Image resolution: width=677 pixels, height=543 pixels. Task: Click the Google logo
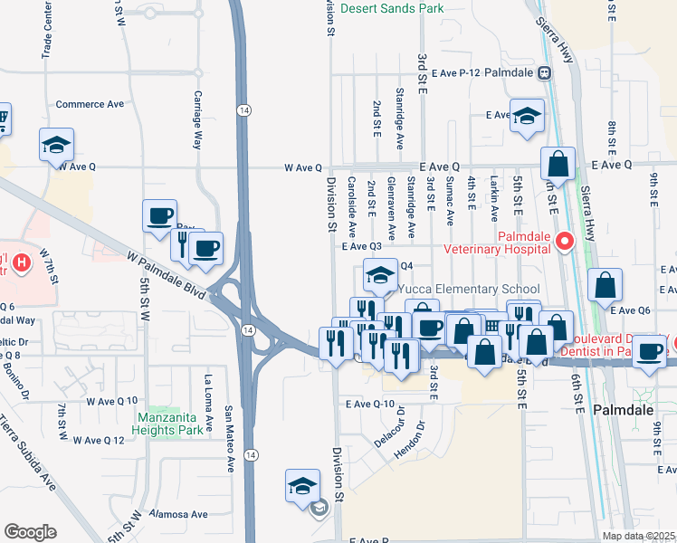(30, 532)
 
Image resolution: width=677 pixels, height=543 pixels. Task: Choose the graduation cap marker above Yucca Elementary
(381, 273)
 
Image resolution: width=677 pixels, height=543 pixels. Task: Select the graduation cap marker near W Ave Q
(56, 144)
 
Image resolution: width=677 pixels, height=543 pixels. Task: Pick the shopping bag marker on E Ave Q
(558, 164)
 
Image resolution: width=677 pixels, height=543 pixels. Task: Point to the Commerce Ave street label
(90, 104)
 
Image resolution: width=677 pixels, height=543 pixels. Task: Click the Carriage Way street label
(197, 119)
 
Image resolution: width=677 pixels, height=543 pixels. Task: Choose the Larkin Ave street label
(494, 199)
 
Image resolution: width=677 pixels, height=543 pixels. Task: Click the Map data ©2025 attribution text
(639, 536)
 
